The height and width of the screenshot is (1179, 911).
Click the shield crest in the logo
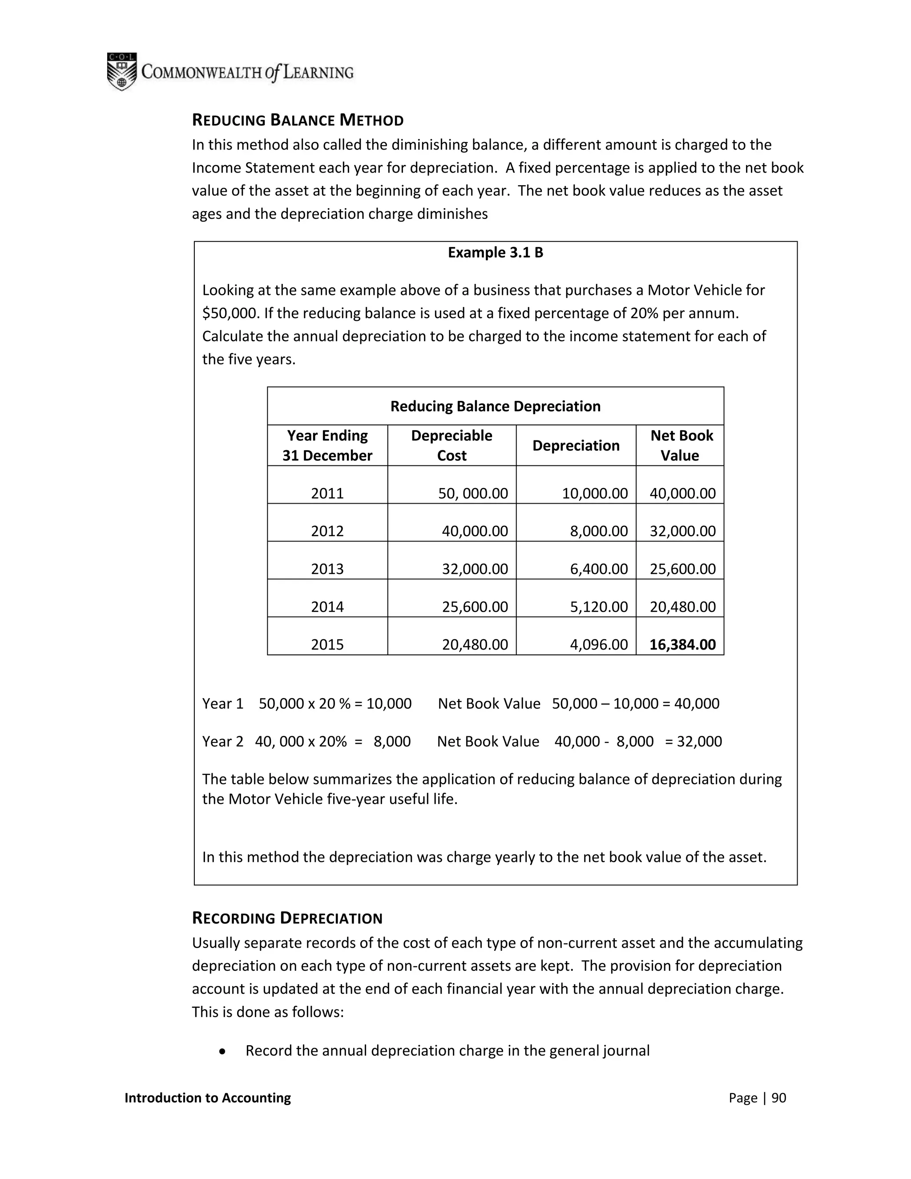pyautogui.click(x=121, y=71)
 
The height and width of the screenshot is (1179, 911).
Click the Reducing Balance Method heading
pyautogui.click(x=298, y=120)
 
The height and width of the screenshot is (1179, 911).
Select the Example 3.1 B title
pyautogui.click(x=495, y=253)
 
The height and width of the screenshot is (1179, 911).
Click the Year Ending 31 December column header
pyautogui.click(x=327, y=445)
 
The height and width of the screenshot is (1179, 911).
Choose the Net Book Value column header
pyautogui.click(x=681, y=445)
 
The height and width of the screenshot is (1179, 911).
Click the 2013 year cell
pyautogui.click(x=327, y=569)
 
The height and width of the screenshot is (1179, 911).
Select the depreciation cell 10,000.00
pyautogui.click(x=595, y=493)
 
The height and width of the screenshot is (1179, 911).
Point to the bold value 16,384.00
pyautogui.click(x=682, y=645)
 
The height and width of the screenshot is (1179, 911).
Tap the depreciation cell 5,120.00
pyautogui.click(x=599, y=607)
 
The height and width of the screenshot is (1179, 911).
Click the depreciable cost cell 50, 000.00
pyautogui.click(x=473, y=493)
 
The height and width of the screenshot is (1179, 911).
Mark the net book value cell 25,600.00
pyautogui.click(x=682, y=569)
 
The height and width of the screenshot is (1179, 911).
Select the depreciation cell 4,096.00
pyautogui.click(x=599, y=645)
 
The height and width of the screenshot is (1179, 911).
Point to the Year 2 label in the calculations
pyautogui.click(x=222, y=741)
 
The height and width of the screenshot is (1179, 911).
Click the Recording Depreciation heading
pyautogui.click(x=287, y=918)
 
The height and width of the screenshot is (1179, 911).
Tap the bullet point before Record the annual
pyautogui.click(x=222, y=1051)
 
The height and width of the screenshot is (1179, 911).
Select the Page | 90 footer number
pyautogui.click(x=757, y=1098)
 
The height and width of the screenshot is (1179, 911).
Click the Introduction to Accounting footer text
pyautogui.click(x=207, y=1098)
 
